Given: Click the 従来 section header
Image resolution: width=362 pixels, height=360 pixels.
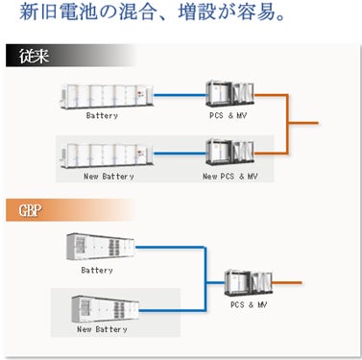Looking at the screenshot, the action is click(34, 56).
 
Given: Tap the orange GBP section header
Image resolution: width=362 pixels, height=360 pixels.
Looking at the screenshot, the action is click(31, 210).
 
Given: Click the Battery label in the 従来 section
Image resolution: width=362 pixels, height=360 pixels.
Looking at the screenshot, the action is click(102, 115).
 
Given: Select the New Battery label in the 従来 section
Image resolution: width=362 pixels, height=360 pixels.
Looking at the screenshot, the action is click(109, 177).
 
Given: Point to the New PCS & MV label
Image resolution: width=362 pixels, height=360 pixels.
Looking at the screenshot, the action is click(230, 176).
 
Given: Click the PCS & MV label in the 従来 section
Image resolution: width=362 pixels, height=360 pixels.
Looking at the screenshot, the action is click(229, 115).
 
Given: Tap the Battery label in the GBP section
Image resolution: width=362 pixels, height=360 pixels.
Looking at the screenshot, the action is click(97, 271).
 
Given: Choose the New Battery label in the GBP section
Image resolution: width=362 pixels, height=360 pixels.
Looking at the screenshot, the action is click(102, 329).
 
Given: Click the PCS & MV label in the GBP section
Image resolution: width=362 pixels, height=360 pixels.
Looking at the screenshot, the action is click(249, 304).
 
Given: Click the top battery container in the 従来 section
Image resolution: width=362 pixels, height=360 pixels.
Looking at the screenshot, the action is click(107, 96).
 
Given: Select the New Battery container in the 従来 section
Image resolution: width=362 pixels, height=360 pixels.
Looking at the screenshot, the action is click(107, 156).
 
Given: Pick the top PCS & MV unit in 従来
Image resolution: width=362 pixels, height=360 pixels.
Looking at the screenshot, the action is click(229, 94).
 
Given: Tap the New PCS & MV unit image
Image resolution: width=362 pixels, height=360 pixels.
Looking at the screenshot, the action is click(229, 152).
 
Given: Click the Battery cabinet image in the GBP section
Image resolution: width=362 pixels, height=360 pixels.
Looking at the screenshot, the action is click(101, 247).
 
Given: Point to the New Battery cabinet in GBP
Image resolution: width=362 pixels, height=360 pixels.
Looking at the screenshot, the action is click(106, 308).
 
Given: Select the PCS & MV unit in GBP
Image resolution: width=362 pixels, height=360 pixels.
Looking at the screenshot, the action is click(249, 283).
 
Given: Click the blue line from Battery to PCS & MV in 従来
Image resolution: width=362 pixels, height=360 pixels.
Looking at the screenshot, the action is click(180, 95).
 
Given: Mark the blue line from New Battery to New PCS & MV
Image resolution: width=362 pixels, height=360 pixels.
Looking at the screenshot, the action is click(180, 154).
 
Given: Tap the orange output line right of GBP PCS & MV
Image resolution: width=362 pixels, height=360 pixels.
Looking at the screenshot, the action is click(287, 283).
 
